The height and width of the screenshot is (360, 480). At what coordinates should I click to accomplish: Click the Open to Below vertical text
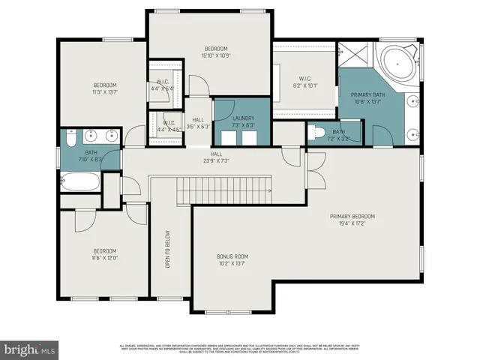(167, 249)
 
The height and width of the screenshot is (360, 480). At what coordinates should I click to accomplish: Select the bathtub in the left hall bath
(79, 182)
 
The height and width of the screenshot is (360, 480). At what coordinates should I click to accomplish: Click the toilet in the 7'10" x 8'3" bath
(68, 138)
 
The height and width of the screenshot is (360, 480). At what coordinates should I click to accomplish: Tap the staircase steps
(211, 189)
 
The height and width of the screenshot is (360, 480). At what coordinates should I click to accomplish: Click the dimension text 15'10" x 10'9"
(215, 55)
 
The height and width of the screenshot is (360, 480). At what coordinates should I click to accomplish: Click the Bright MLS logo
(30, 349)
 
